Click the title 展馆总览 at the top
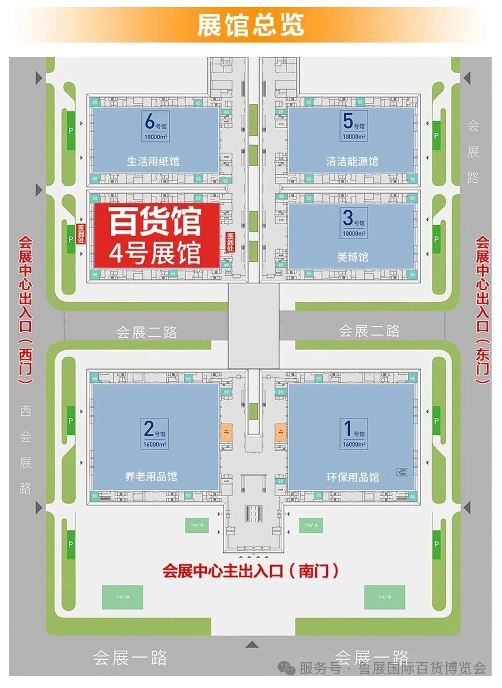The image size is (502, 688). coord(250,25)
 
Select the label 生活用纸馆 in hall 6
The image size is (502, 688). coord(153,161)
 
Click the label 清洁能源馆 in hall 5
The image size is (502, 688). coord(352,161)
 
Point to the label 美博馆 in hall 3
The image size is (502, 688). coord(353,257)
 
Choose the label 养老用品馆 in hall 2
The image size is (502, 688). coord(151,476)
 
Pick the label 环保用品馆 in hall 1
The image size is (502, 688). coord(353,476)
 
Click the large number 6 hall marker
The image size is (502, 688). coord(150,122)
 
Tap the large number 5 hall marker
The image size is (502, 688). coord(347,122)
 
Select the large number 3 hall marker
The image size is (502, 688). coord(347,218)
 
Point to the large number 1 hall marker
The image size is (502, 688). coord(347,429)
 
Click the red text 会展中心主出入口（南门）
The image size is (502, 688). coord(251,571)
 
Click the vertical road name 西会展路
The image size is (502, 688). coord(26,449)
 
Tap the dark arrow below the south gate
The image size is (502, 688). coord(252,644)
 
